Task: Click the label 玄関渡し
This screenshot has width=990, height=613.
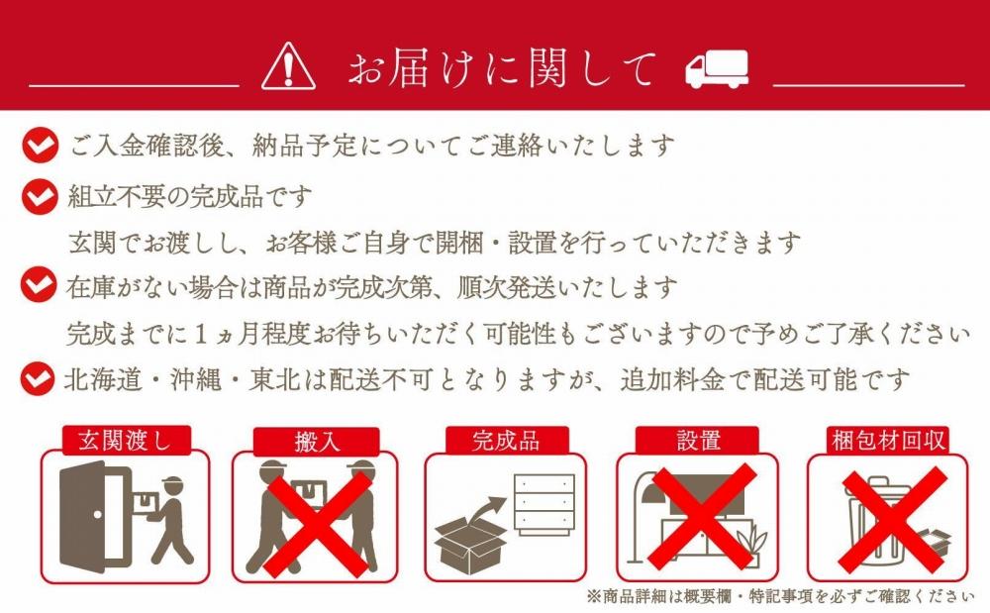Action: tap(125, 441)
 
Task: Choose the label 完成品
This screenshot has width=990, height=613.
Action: tap(507, 441)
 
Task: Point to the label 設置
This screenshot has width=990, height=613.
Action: tap(699, 441)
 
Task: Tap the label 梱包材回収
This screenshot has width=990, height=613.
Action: tap(889, 441)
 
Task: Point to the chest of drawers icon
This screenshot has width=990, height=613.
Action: tap(544, 503)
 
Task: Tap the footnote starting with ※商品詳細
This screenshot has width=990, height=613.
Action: tap(773, 596)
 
